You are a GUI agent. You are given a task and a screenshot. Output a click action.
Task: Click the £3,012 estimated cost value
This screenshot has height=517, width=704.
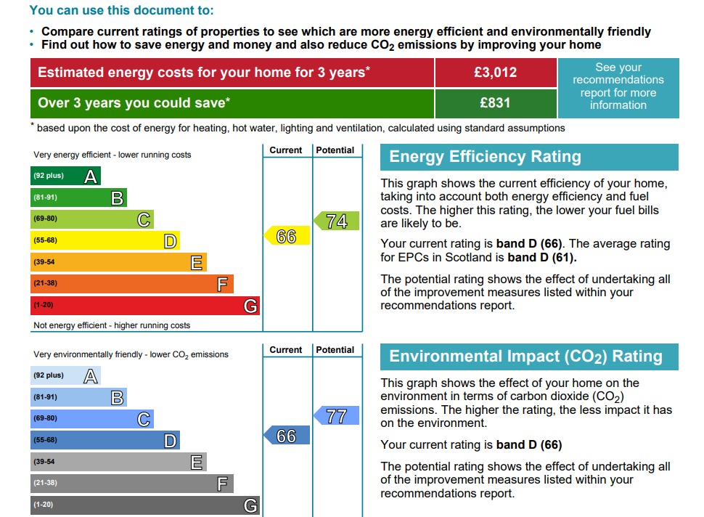[495, 72]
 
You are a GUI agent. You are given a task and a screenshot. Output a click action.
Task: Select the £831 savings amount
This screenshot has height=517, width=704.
[495, 102]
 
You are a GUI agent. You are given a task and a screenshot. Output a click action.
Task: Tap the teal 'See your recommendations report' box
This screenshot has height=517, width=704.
[618, 86]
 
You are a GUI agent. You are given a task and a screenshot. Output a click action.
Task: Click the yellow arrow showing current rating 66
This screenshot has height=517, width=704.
[287, 236]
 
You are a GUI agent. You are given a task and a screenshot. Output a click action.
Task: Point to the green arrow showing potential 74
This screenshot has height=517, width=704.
[337, 221]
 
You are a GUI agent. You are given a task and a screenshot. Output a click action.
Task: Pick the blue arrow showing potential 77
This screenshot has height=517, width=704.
[337, 416]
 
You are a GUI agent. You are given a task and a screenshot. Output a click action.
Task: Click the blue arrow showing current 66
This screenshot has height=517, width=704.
[287, 436]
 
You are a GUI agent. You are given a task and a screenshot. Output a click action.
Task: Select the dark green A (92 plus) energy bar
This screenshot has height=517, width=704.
[65, 176]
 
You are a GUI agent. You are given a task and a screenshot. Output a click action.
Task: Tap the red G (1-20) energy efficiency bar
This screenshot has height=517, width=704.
[144, 306]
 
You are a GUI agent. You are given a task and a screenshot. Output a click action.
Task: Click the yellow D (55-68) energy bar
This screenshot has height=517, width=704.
[105, 240]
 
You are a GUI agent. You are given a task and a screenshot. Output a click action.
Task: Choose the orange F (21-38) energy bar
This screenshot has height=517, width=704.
[131, 284]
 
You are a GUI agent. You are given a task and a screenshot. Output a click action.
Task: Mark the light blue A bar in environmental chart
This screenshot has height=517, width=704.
[65, 375]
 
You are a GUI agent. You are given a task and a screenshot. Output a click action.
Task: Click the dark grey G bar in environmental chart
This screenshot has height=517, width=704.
[144, 505]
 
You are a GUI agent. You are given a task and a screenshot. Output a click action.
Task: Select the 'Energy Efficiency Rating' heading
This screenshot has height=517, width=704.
[486, 157]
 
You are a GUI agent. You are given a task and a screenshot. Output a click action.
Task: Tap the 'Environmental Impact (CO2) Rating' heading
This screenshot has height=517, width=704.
[525, 357]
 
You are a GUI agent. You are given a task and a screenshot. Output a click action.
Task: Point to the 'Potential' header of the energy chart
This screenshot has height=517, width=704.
[335, 150]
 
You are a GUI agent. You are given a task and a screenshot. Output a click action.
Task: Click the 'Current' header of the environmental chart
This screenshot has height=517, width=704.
[286, 350]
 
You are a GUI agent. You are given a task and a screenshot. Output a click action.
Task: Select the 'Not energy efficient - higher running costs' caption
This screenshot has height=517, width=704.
[112, 325]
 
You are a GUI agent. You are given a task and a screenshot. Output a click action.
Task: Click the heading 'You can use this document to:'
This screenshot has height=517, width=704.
[121, 11]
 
